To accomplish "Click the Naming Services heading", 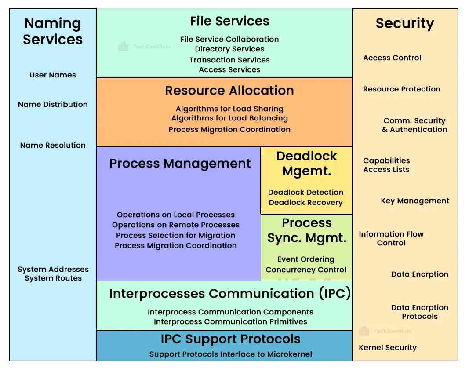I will coord(53,31).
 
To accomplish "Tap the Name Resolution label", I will coord(53,145).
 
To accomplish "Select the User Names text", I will coord(53,75).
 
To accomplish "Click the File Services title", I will coord(229,21).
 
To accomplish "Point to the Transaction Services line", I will coord(229,60).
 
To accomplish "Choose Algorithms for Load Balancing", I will coord(229,118).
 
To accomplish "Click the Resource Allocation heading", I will coord(229,91).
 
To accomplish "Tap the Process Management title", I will coord(180,164).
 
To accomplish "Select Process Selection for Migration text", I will coord(176,235).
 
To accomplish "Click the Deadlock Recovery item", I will coord(305,202).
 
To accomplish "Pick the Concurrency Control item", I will coord(306,270).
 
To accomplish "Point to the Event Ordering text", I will coord(306,259).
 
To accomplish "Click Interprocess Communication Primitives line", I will coord(230,321).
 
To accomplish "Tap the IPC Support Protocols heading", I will coord(230,339).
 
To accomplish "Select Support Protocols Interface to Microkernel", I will coord(230,354).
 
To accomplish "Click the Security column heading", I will coord(404,23).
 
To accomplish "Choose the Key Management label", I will coord(414,201).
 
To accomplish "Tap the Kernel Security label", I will coord(388,347).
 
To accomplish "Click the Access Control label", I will coord(392,58).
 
